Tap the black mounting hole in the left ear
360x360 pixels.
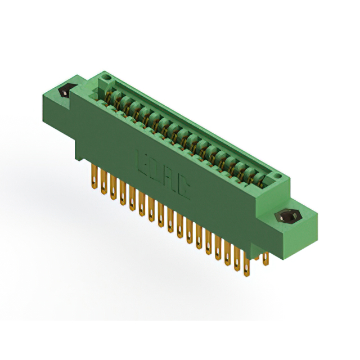65,90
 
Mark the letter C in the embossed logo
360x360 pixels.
183,188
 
